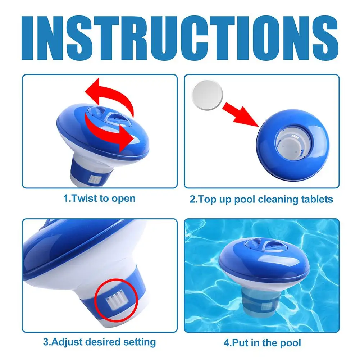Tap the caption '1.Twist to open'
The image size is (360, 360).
[x=100, y=198]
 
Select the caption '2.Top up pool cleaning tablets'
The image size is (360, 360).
[x=261, y=199]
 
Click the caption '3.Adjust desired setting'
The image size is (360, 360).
[x=100, y=341]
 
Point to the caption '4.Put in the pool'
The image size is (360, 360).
[x=262, y=342]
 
